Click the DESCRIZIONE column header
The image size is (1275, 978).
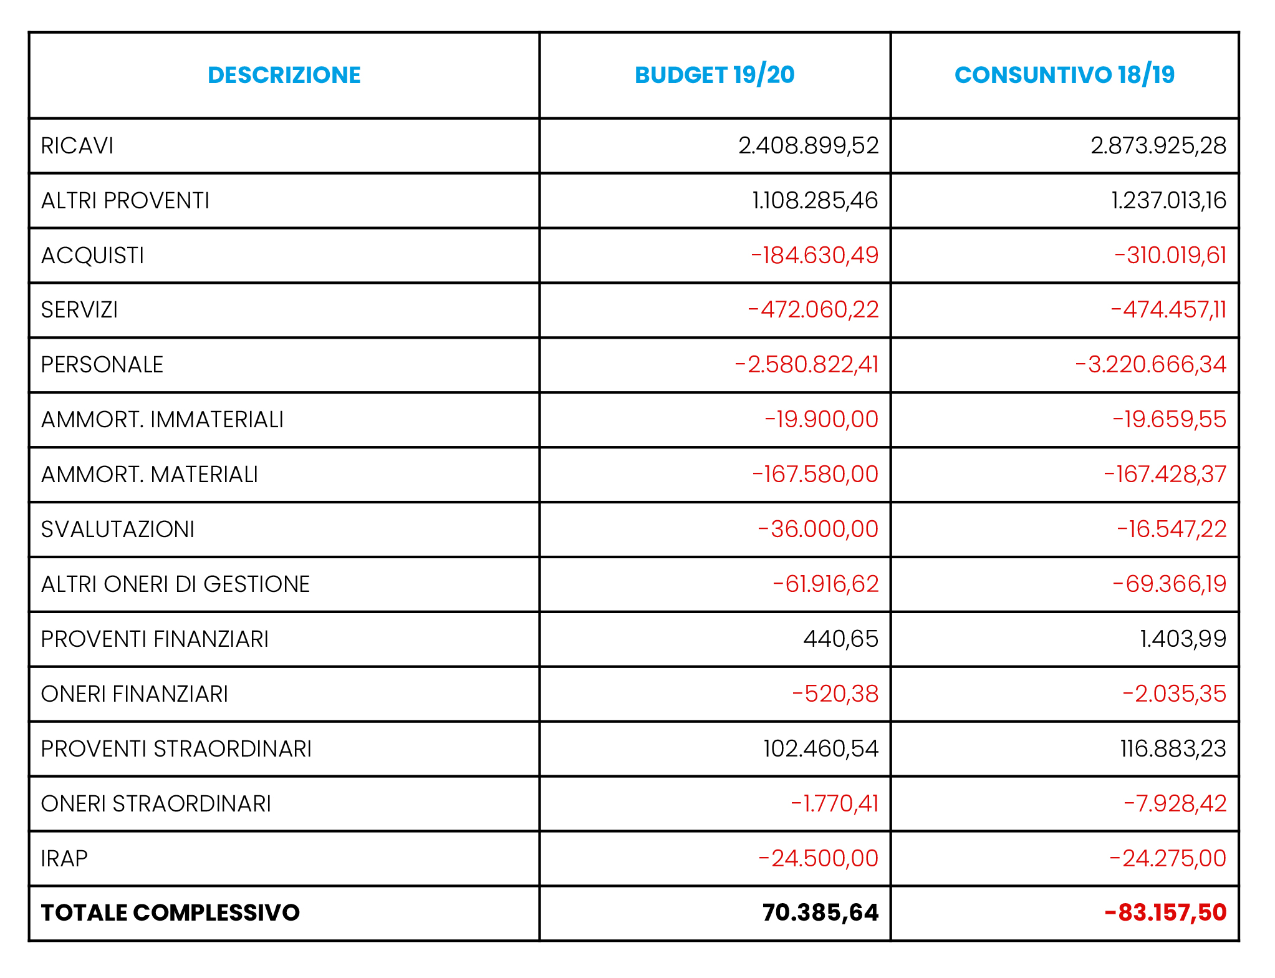tap(284, 75)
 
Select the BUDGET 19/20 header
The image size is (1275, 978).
tap(714, 75)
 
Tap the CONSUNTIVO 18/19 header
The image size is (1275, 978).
tap(1064, 75)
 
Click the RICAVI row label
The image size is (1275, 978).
tap(77, 146)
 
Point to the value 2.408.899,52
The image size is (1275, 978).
tap(808, 146)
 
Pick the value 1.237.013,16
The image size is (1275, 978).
tap(1168, 201)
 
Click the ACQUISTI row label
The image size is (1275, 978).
tap(92, 256)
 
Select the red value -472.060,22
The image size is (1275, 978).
tap(813, 310)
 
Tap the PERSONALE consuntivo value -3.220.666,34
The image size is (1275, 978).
tap(1150, 365)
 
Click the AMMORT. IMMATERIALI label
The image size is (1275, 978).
tap(162, 420)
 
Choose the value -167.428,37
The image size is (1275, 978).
tap(1165, 475)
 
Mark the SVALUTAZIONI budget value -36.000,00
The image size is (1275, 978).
tap(818, 530)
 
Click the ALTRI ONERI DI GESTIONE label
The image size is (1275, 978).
tap(175, 584)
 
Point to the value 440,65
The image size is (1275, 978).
tap(840, 639)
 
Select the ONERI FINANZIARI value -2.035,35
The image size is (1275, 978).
tap(1174, 694)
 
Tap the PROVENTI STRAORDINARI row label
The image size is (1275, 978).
tap(176, 749)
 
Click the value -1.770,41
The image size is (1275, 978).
tap(834, 804)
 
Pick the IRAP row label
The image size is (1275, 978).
tap(64, 859)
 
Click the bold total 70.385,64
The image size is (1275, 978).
tap(820, 913)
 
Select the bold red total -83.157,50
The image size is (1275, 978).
tap(1165, 913)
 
